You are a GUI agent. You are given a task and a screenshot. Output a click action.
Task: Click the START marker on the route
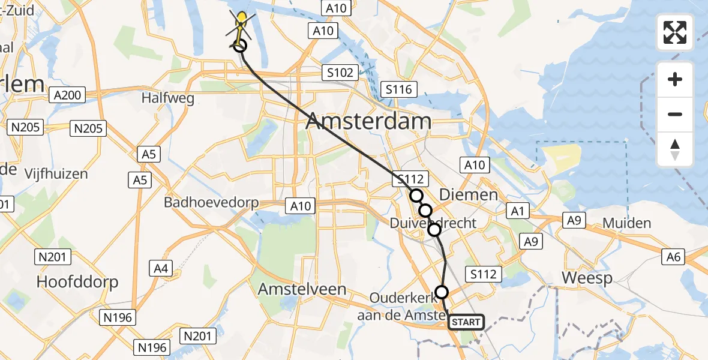click(466, 322)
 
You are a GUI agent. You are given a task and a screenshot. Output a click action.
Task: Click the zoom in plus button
click(675, 79)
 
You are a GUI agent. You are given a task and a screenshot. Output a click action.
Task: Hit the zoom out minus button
click(675, 114)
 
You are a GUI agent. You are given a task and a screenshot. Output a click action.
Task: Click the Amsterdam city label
click(368, 122)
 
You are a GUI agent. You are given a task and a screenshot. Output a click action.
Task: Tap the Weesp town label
click(587, 278)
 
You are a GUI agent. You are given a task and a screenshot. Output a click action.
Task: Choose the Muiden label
click(626, 223)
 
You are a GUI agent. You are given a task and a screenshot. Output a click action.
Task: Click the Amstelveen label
click(302, 289)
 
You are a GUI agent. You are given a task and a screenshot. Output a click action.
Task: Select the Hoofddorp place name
click(77, 281)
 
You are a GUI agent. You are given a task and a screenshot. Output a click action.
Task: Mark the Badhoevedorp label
click(211, 202)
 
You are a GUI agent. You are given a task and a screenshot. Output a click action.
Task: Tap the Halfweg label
click(169, 98)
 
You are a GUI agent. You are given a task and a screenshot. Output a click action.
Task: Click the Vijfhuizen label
click(56, 174)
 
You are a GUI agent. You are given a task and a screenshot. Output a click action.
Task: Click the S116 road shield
click(399, 90)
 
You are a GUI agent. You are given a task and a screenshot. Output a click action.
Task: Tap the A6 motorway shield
click(674, 257)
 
